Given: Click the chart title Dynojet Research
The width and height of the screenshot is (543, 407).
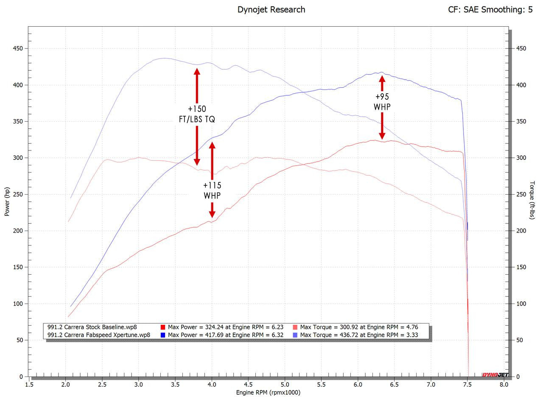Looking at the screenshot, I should pos(271,9).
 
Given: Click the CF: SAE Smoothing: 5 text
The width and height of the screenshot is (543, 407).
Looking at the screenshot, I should pos(490,9).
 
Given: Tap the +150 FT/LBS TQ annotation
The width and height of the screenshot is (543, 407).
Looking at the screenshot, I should pos(197,114).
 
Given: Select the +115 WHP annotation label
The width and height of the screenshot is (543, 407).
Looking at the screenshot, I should pos(212,190).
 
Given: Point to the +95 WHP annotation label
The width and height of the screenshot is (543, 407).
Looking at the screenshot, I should pos(382,102).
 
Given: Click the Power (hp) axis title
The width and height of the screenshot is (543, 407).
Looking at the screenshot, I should pos(7,202).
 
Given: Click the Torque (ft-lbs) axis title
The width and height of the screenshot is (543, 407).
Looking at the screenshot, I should pos(532,200).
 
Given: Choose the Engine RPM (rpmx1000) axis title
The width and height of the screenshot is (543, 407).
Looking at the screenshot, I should pos(268,393).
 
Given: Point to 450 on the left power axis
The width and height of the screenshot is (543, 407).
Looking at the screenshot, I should pos(17,48).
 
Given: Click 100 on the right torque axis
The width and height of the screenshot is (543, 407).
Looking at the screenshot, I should pos(521,304).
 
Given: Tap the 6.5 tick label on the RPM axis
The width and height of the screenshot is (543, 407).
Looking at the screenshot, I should pos(394,385).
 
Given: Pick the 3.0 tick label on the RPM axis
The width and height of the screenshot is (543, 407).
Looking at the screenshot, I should pos(139,385).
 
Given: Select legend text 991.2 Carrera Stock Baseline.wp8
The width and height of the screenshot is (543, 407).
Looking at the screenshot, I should pos(92,327).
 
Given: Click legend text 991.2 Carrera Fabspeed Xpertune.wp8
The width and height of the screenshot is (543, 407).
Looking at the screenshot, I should pos(99,335).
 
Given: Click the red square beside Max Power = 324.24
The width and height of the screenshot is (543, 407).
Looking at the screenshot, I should pos(163,327).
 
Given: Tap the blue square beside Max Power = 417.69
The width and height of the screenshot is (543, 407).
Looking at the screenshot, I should pos(163,335).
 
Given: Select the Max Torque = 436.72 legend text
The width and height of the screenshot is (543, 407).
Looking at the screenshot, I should pos(359,335).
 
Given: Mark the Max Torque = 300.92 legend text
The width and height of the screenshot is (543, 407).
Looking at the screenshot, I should pos(359,327).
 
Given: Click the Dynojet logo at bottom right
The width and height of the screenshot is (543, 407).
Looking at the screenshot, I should pos(495,375).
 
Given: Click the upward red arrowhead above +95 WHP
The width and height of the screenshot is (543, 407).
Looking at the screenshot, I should pos(382,78).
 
